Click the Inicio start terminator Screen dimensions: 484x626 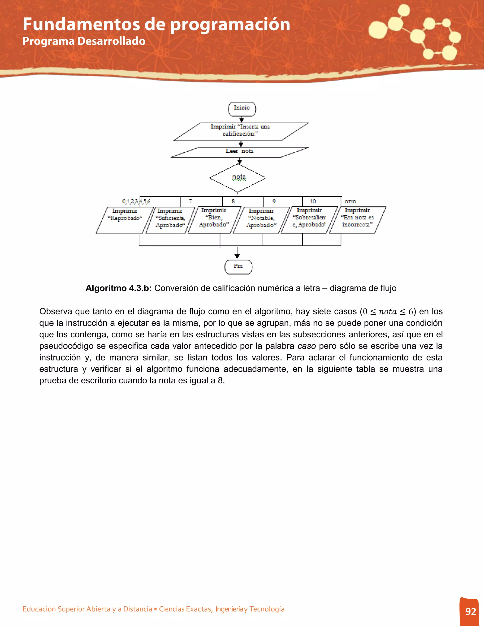pos(242,109)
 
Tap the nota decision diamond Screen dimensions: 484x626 pos(238,178)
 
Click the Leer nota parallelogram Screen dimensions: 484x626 pos(239,152)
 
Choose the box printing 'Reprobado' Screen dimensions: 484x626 pos(125,220)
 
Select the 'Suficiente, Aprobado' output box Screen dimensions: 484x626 pos(170,220)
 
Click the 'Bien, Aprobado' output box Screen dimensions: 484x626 pos(214,219)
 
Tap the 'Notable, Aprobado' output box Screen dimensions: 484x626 pos(261,220)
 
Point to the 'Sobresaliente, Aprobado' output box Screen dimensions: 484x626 pos(309,219)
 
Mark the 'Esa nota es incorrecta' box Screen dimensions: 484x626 pos(357,219)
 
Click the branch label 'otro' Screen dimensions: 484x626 pos(350,202)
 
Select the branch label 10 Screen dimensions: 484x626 pos(313,202)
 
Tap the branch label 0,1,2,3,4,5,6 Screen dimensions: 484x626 pos(136,202)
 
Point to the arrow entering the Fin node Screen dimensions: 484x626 pos(237,253)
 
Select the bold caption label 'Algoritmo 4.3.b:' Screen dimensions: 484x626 pos(118,288)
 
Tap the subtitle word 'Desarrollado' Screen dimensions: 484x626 pos(111,41)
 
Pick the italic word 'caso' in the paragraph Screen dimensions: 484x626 pos(307,346)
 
